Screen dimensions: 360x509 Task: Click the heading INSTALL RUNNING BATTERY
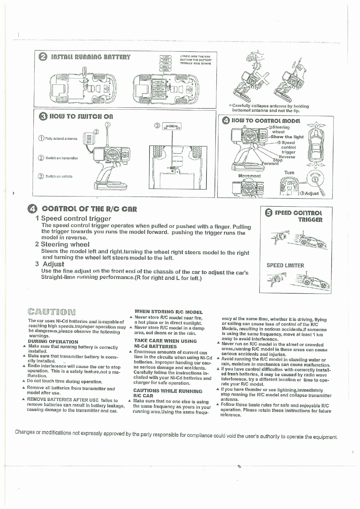(91, 57)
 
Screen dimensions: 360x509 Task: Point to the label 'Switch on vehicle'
(59, 176)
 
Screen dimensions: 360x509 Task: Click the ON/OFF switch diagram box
(172, 126)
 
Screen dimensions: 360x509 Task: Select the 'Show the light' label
(287, 137)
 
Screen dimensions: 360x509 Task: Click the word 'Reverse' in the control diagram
(287, 157)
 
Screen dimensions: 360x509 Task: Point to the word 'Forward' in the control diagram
(270, 163)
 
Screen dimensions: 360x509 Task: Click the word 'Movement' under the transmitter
(249, 176)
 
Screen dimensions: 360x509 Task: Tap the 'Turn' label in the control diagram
(289, 173)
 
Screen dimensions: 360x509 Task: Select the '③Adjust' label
(310, 193)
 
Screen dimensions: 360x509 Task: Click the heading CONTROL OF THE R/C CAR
(89, 209)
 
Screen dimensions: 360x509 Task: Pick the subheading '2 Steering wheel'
(62, 244)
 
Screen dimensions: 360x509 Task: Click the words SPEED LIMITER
(285, 266)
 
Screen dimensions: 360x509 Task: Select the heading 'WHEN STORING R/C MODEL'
(168, 312)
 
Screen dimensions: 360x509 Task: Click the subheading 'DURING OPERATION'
(53, 342)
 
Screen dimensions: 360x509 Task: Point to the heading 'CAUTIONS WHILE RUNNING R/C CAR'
(168, 393)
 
